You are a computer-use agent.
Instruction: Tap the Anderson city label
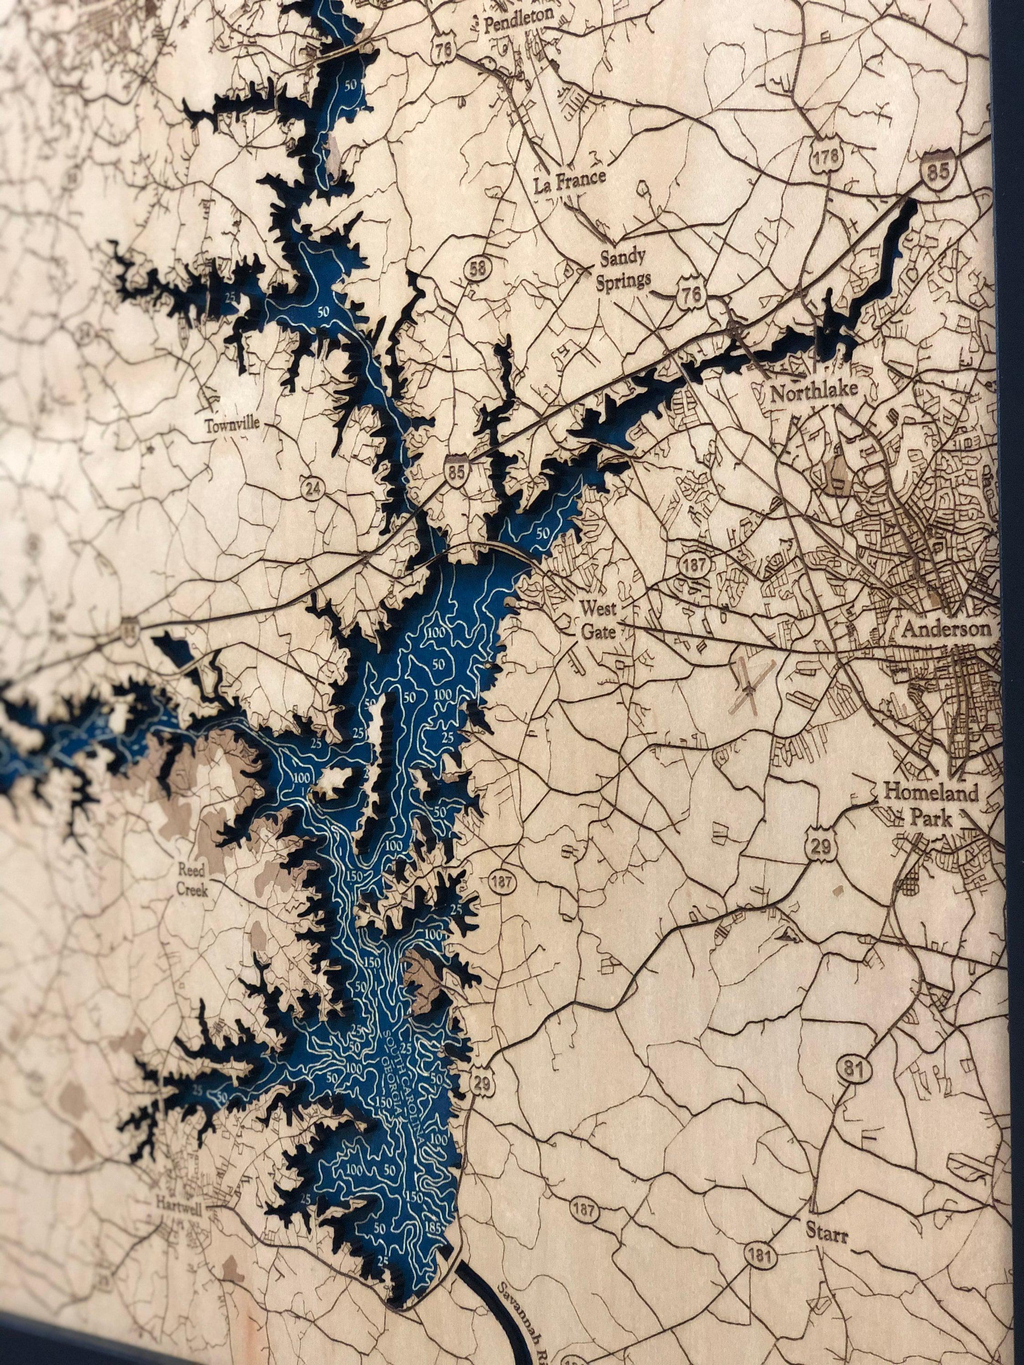click(x=946, y=629)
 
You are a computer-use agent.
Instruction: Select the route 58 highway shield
click(x=477, y=268)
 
